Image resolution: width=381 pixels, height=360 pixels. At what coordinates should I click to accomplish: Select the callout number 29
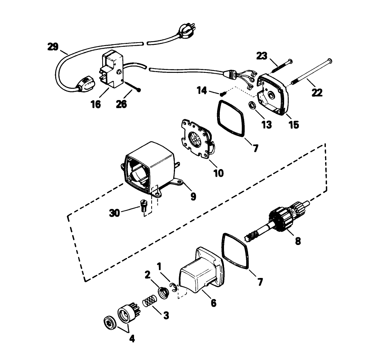tap(53, 47)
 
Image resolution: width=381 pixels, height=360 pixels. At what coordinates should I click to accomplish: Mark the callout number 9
tap(193, 197)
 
